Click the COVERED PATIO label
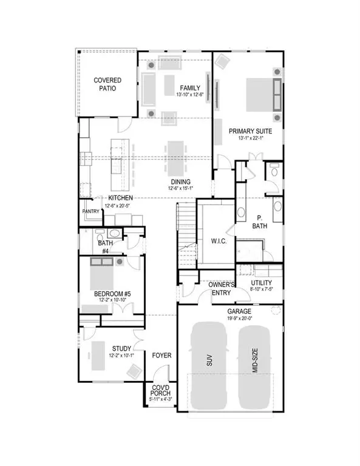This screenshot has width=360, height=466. coord(107,84)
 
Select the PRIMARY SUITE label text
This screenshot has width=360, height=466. coord(250,130)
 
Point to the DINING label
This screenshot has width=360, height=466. coord(180,181)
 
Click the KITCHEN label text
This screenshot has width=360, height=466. coord(121,198)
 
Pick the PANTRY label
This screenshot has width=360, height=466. coord(90,211)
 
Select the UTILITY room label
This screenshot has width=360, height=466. coord(261,283)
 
